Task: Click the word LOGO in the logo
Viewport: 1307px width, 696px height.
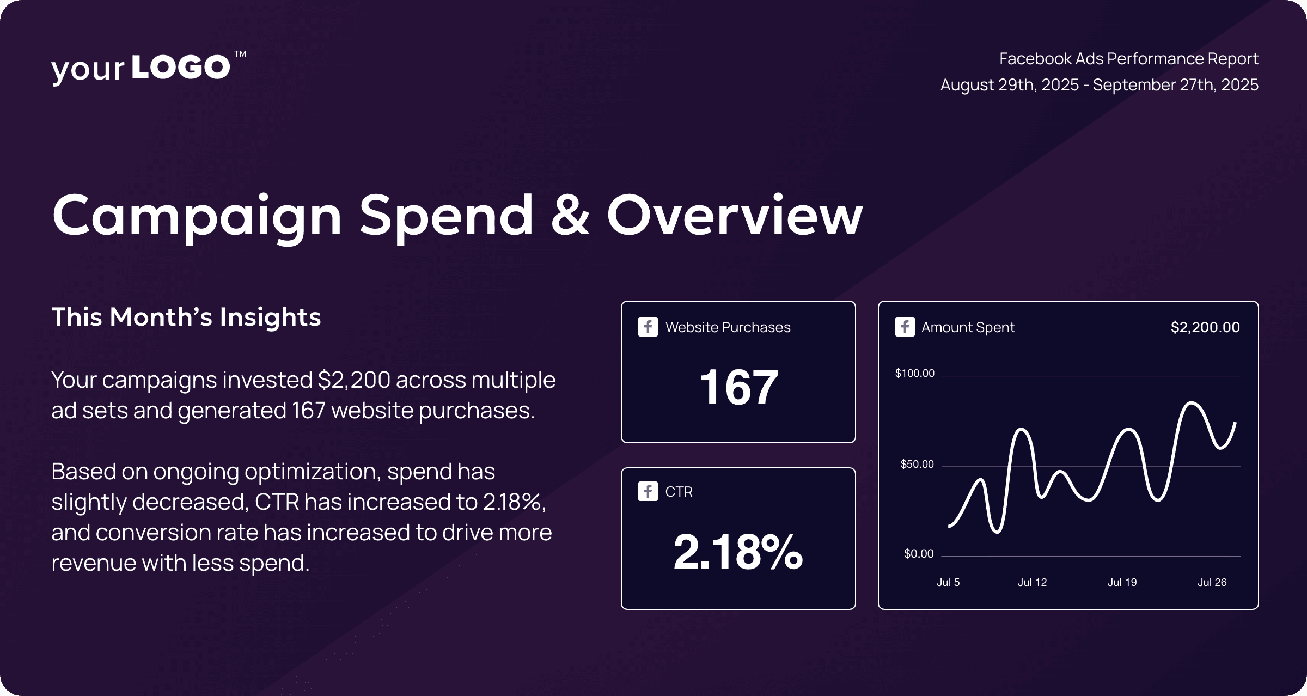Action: coord(181,67)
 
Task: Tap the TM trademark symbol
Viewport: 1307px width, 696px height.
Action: coord(240,54)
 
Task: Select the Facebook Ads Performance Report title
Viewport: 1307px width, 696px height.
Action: coord(1128,59)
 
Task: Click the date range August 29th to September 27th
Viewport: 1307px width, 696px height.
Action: coord(1099,85)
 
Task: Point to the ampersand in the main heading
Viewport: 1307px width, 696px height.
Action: coord(570,215)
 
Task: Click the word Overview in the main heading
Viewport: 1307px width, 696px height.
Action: coord(735,215)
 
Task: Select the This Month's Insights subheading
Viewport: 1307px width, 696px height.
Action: coord(186,317)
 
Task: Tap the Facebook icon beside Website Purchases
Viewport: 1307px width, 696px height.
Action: coord(648,327)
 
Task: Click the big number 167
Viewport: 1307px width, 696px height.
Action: coord(738,387)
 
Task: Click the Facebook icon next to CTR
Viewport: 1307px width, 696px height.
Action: coord(648,491)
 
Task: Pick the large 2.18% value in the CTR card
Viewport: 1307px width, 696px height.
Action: coord(738,552)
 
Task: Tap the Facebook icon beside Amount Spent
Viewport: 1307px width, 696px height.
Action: coord(905,327)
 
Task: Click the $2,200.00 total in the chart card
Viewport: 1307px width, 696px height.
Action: coord(1205,327)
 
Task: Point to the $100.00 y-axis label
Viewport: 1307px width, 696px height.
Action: coord(914,373)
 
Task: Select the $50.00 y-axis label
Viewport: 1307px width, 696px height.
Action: coord(917,464)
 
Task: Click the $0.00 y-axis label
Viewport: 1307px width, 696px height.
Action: coord(918,554)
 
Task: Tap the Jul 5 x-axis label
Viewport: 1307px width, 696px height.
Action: coord(948,582)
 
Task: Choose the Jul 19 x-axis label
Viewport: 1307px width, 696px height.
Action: coord(1122,582)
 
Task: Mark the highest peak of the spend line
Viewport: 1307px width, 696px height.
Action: coord(1192,404)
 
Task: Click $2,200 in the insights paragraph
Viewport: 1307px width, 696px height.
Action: coord(354,380)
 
